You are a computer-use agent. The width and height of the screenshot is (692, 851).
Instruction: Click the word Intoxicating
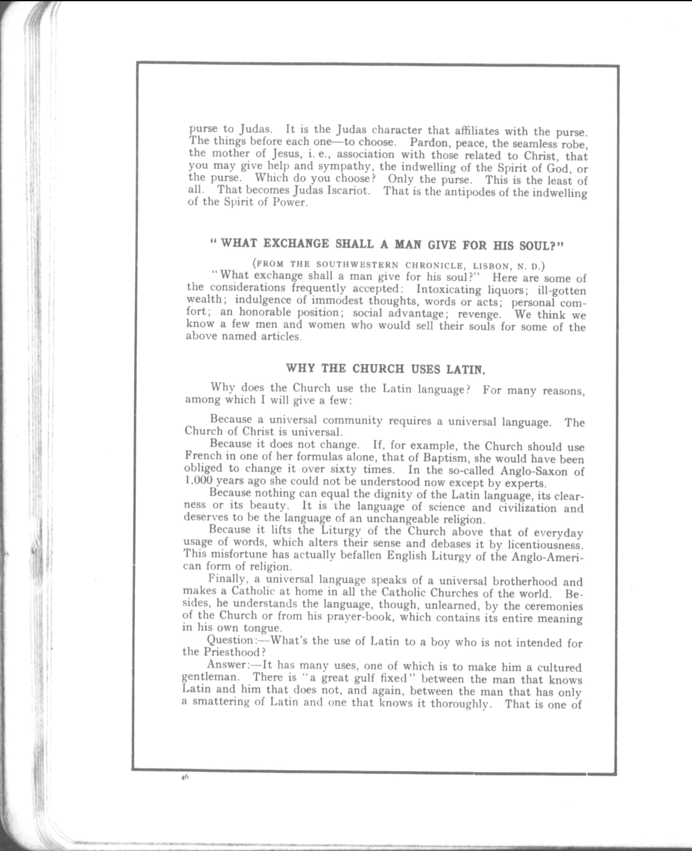tap(448, 290)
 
